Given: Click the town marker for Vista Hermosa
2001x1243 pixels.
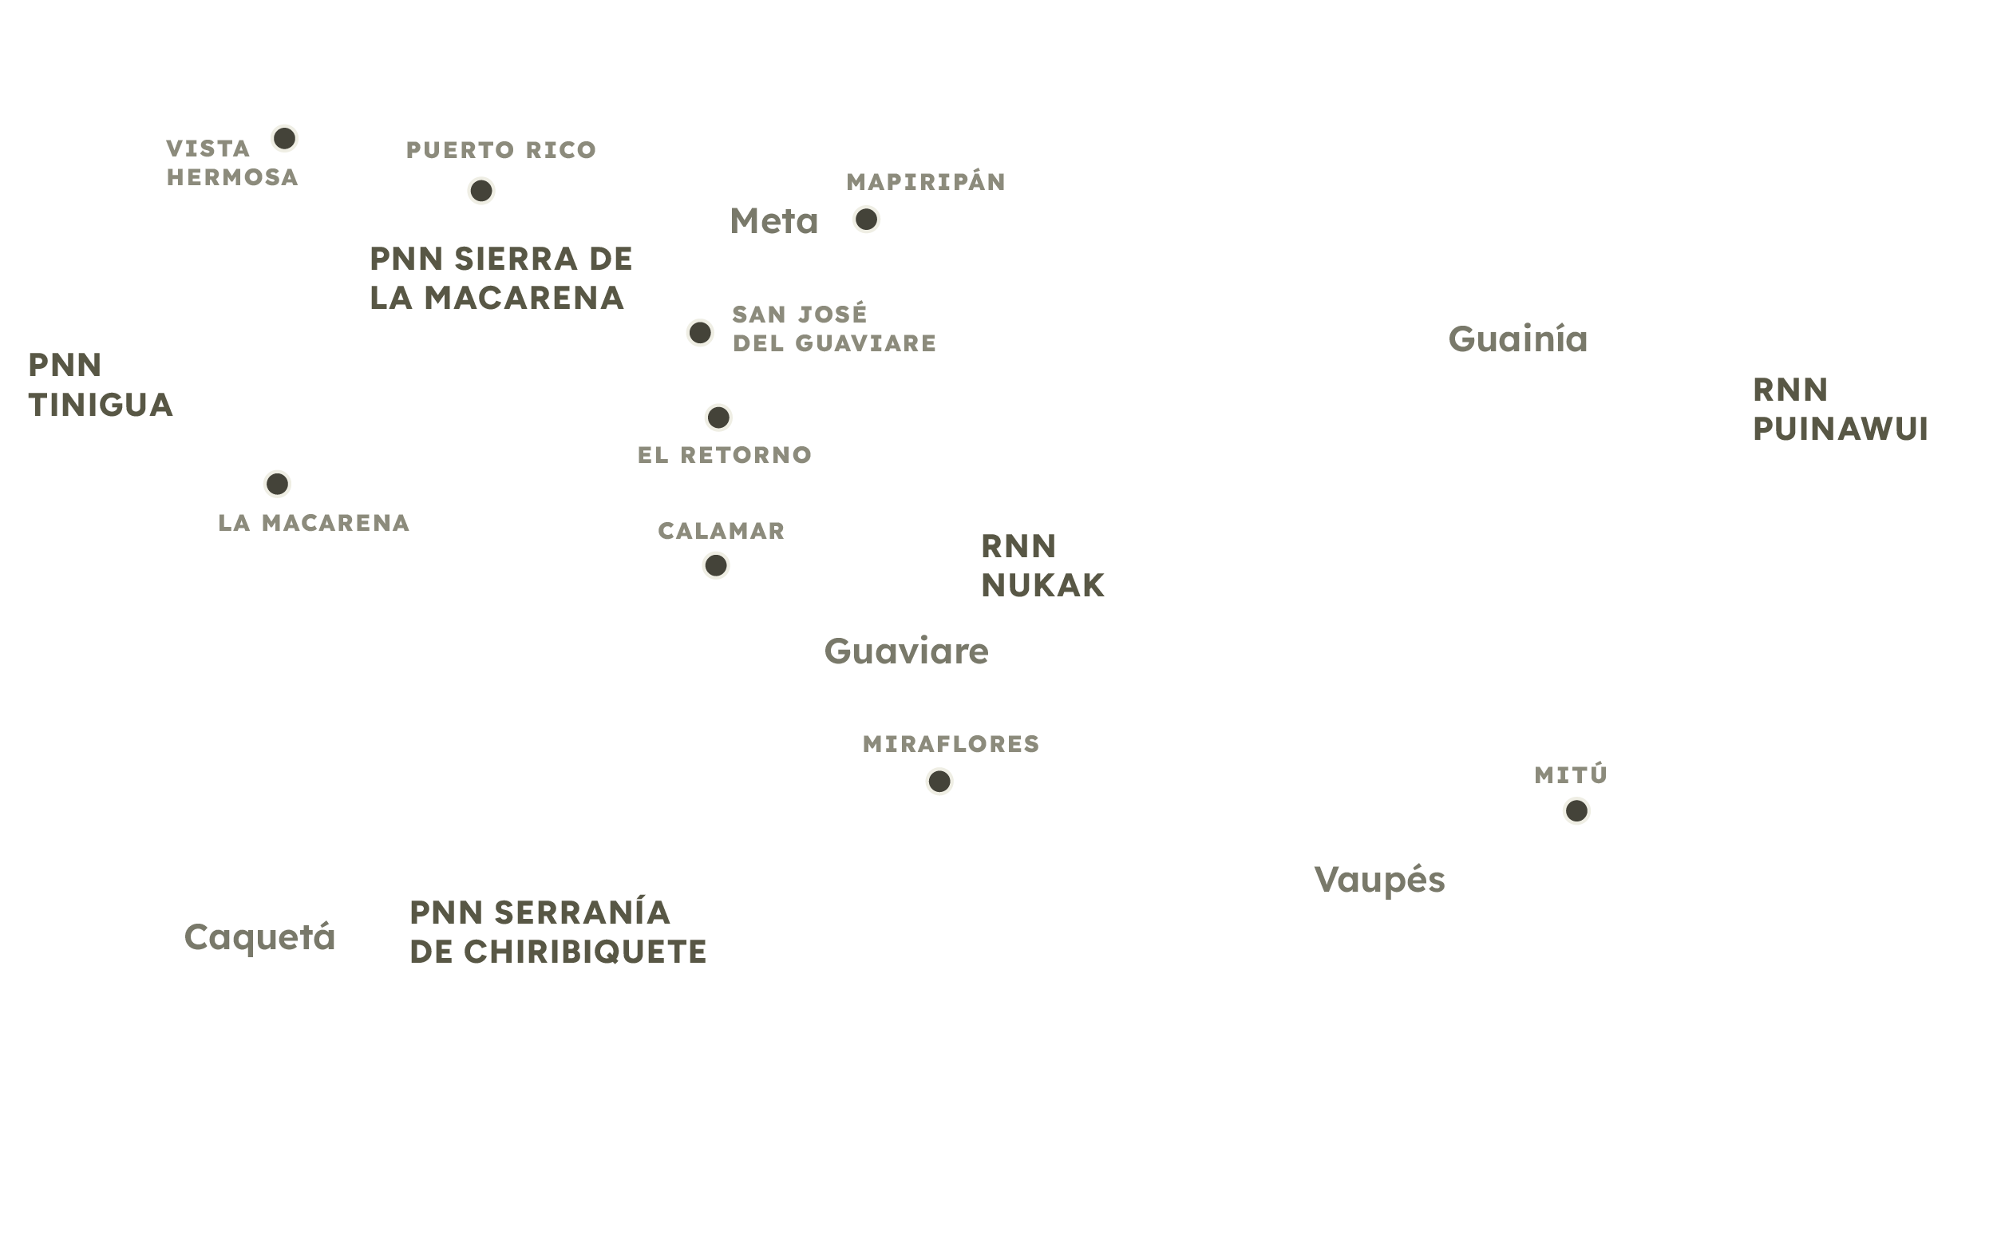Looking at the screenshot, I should pyautogui.click(x=284, y=138).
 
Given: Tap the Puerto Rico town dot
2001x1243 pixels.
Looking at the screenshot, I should pyautogui.click(x=480, y=191).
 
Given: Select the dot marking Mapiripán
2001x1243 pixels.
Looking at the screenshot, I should pyautogui.click(x=866, y=220).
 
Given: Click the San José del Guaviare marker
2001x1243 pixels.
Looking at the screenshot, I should pyautogui.click(x=699, y=332).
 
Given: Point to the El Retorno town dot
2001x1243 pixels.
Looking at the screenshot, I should pyautogui.click(x=718, y=418).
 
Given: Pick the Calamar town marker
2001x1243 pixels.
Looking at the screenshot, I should pyautogui.click(x=716, y=565).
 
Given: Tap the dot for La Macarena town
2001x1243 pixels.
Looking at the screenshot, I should pyautogui.click(x=277, y=484).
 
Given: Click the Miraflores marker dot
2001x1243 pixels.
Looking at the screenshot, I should pyautogui.click(x=939, y=781).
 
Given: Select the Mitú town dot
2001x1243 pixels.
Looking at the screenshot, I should pyautogui.click(x=1576, y=810).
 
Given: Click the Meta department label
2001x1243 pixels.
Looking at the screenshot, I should pyautogui.click(x=774, y=221).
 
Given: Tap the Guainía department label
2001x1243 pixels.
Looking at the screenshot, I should pyautogui.click(x=1518, y=339).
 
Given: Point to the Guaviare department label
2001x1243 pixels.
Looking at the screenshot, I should pyautogui.click(x=907, y=651).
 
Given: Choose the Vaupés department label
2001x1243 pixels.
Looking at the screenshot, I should pyautogui.click(x=1379, y=880).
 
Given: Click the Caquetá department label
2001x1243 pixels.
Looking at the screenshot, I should pyautogui.click(x=259, y=937).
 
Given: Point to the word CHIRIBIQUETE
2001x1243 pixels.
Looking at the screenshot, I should pyautogui.click(x=585, y=952).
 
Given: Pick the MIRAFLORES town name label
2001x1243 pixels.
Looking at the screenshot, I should pyautogui.click(x=951, y=744).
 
